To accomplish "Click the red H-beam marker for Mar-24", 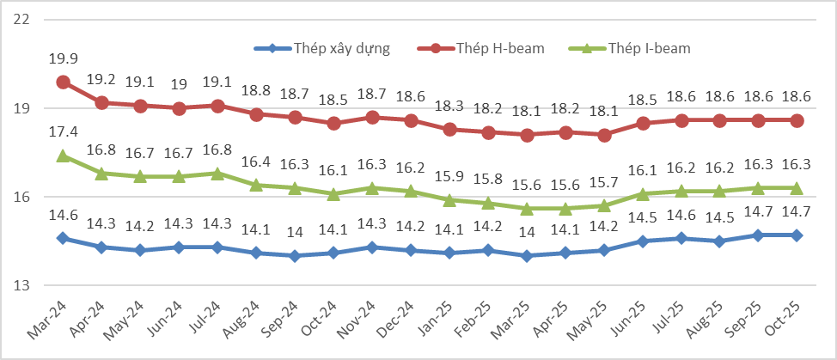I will pos(64,82).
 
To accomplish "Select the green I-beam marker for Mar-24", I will pos(64,156).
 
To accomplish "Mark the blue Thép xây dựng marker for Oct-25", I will pos(797,235).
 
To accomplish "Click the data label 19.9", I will pos(64,59).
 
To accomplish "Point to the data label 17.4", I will pos(64,133).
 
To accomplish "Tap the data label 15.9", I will pos(449,178).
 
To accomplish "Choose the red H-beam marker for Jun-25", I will pos(643,123).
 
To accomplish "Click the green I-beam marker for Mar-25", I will pos(527,209).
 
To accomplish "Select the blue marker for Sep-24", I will pos(295,256).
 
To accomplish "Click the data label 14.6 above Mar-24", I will pos(64,216).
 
